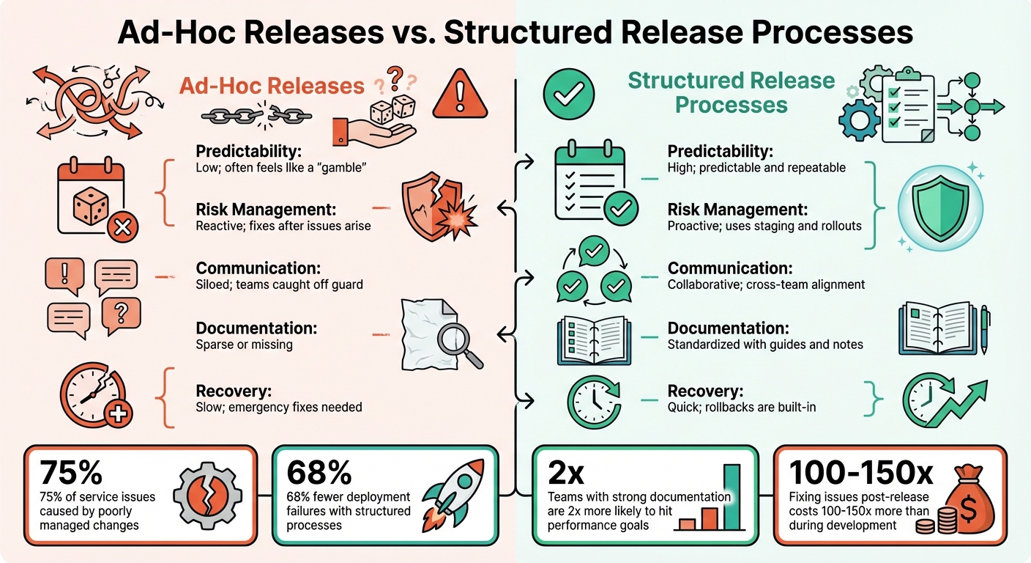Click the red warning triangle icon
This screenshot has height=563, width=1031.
tap(460, 95)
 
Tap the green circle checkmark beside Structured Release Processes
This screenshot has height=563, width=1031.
tap(569, 95)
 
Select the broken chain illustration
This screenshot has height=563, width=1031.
tap(251, 114)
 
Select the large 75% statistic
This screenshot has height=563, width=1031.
tap(72, 473)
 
